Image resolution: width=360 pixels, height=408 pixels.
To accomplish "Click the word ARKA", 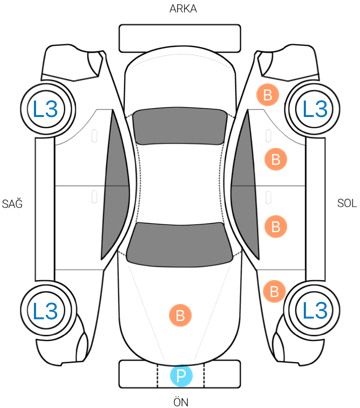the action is click(183, 9).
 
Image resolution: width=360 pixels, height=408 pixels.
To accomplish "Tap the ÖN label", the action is click(181, 401).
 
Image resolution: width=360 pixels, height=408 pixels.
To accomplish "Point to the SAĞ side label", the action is click(12, 203).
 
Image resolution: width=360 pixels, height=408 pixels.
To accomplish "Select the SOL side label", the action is click(347, 203).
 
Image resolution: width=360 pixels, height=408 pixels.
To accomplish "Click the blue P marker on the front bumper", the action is click(181, 376).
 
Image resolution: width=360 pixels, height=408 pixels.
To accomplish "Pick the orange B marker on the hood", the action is click(180, 315).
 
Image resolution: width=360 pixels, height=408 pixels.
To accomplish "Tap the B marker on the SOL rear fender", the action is click(267, 95).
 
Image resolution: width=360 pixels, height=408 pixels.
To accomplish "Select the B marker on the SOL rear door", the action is click(276, 159).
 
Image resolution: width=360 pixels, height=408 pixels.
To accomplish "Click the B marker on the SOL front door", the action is click(276, 227).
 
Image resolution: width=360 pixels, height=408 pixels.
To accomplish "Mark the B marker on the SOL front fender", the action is click(274, 292).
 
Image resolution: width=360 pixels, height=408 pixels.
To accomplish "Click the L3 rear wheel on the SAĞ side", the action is click(47, 109).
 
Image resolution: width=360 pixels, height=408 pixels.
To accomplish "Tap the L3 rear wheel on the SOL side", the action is click(313, 109).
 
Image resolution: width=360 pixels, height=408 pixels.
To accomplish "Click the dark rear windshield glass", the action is click(180, 127).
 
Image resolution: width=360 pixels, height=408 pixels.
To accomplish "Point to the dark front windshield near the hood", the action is click(180, 245).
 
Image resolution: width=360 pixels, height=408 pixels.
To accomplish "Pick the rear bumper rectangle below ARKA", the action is click(180, 38).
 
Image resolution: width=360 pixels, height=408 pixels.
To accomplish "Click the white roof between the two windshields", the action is click(180, 183).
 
